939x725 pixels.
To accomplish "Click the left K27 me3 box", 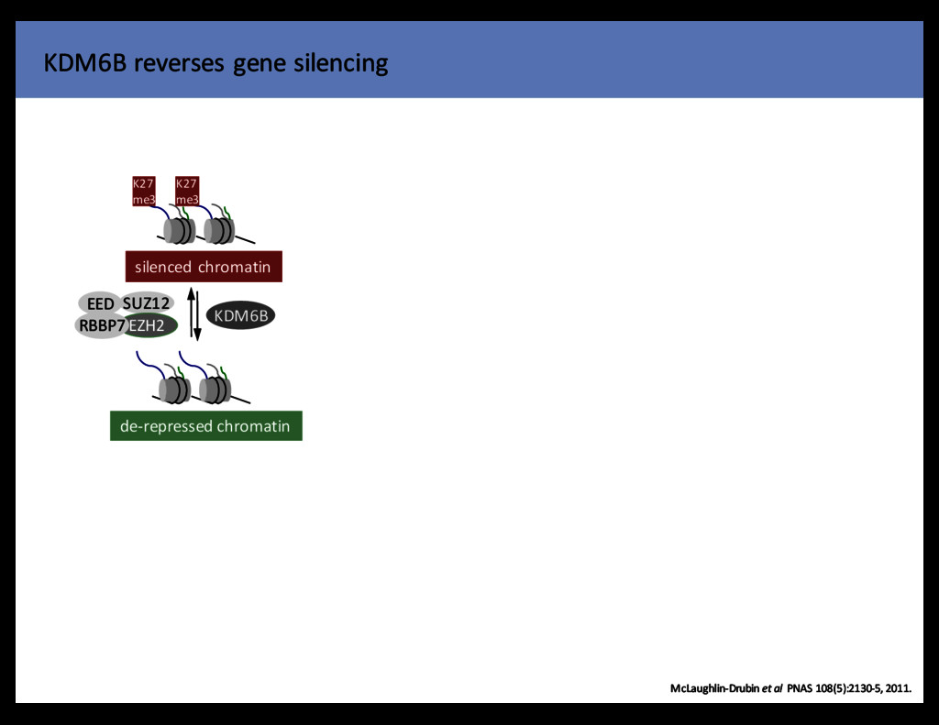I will tap(143, 192).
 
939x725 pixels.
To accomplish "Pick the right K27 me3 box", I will tap(187, 192).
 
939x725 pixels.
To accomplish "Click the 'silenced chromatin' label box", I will tap(203, 267).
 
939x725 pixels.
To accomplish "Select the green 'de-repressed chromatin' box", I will tap(205, 426).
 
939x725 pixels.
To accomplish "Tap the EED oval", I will tap(101, 303).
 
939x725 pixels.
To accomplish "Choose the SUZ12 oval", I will tap(147, 302).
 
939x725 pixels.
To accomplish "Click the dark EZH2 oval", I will tap(149, 324).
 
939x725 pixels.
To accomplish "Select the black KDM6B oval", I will tap(240, 316).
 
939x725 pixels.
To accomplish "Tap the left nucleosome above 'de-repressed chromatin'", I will tap(174, 390).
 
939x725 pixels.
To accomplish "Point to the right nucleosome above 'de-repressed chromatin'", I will tap(215, 390).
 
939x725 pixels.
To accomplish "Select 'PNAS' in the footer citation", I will tap(802, 688).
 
